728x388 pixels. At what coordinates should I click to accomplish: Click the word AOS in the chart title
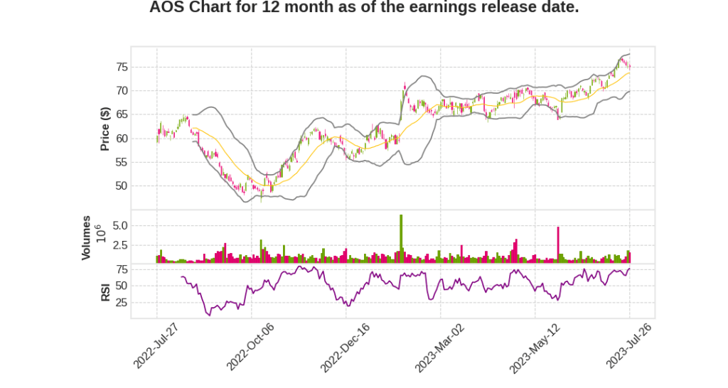(166, 8)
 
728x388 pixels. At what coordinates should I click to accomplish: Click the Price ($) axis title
(105, 129)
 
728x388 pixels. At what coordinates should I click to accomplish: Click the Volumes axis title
(86, 237)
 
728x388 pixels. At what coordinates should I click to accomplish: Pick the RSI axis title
(105, 292)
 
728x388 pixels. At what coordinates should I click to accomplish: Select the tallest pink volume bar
(558, 244)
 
